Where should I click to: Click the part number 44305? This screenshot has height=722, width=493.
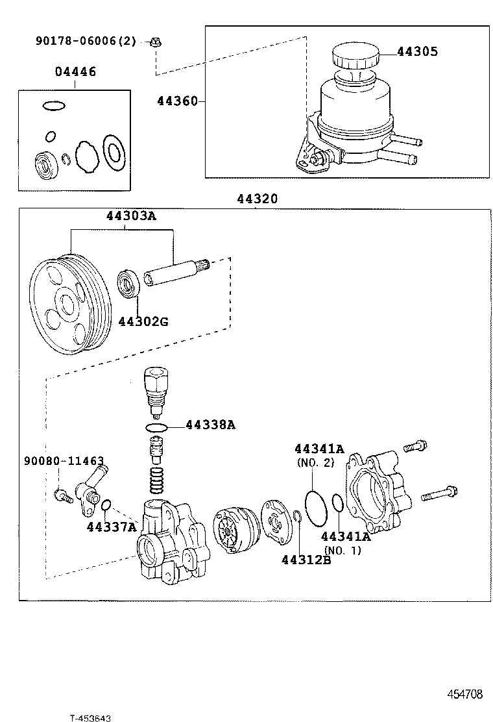click(x=417, y=52)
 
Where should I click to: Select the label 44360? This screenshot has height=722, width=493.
click(x=177, y=101)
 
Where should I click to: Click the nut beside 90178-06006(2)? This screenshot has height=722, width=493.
click(x=155, y=42)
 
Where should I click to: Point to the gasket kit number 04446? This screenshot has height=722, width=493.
click(x=75, y=72)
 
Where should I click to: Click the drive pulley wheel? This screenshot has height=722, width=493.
click(x=66, y=305)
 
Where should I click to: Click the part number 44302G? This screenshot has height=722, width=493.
click(x=143, y=321)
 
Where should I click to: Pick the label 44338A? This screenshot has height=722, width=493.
click(x=210, y=425)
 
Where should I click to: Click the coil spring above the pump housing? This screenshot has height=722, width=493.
click(x=156, y=481)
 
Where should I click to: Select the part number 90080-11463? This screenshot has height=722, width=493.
click(x=64, y=461)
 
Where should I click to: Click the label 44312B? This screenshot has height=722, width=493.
click(x=306, y=560)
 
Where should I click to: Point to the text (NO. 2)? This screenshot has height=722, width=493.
click(x=315, y=462)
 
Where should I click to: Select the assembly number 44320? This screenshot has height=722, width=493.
click(x=256, y=199)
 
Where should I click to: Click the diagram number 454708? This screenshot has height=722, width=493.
click(x=464, y=693)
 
